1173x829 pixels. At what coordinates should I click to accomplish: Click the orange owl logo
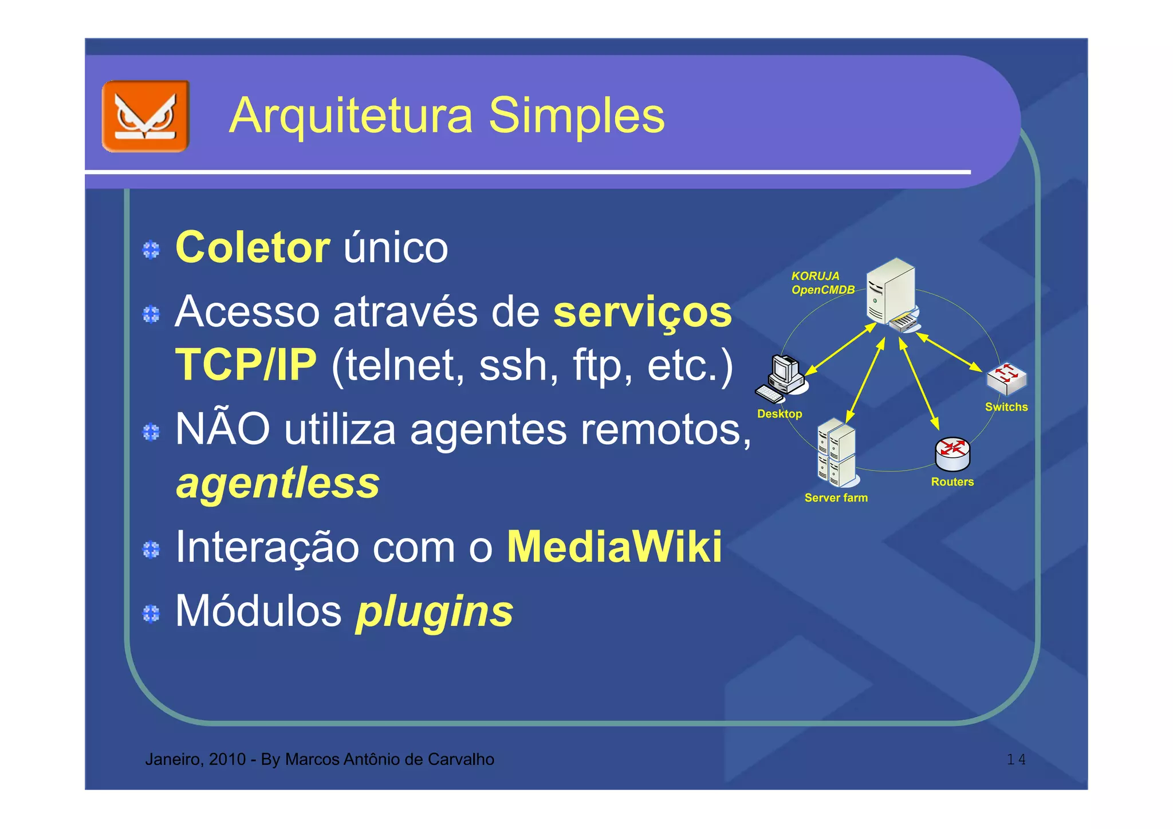(x=145, y=116)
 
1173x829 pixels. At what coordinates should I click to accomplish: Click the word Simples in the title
(x=576, y=116)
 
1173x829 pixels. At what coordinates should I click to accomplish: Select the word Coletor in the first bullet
(x=253, y=248)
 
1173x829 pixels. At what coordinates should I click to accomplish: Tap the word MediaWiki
(x=615, y=547)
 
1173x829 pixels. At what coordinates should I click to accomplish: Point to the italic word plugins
(x=434, y=611)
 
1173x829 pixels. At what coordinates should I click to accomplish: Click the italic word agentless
(x=278, y=483)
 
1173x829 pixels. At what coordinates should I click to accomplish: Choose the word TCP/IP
(x=246, y=365)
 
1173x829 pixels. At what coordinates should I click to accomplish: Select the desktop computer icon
(x=781, y=378)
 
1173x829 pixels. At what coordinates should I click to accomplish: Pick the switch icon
(x=1006, y=378)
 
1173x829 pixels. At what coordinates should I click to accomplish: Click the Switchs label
(x=1006, y=407)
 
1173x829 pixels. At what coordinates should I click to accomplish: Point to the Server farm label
(x=836, y=498)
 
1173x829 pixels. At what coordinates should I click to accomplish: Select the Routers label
(x=952, y=482)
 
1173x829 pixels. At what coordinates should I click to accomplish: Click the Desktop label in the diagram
(x=780, y=414)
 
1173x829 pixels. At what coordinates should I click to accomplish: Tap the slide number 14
(x=1016, y=760)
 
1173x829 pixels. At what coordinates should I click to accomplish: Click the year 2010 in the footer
(x=227, y=760)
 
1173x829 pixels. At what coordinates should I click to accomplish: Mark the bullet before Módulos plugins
(x=151, y=614)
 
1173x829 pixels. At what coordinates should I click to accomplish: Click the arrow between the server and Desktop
(x=841, y=350)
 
